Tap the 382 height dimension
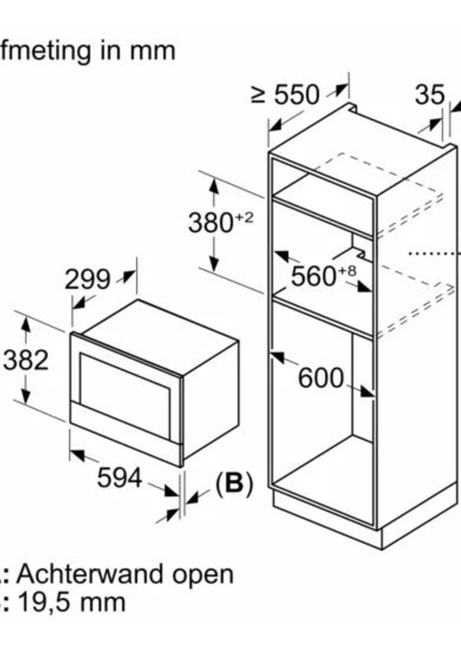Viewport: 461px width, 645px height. coord(26,361)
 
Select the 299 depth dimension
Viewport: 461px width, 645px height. coord(87,280)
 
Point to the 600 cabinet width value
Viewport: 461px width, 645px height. coord(320,378)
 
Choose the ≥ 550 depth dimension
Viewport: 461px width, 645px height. coord(285,95)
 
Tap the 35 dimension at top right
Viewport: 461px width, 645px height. coord(429,94)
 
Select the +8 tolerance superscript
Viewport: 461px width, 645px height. coord(347,270)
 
